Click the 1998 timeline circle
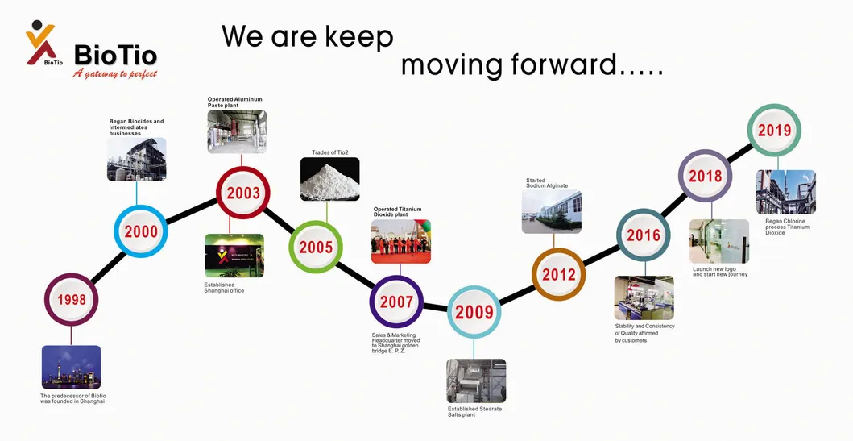(x=71, y=301)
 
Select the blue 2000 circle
(x=140, y=232)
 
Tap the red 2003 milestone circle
(x=243, y=193)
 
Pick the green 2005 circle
(x=316, y=247)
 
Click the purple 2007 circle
(x=396, y=302)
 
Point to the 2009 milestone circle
(x=474, y=312)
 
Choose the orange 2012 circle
(x=558, y=274)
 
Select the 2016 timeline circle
(x=644, y=235)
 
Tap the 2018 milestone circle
(x=705, y=176)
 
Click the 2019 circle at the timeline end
(x=774, y=131)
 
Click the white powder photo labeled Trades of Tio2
(x=329, y=179)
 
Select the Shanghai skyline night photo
(x=71, y=367)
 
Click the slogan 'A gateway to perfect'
(x=114, y=74)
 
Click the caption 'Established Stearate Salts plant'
(x=474, y=412)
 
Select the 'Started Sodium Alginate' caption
(x=547, y=183)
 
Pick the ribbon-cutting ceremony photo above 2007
(x=400, y=241)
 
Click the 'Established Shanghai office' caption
(x=225, y=287)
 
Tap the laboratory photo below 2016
(x=644, y=297)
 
